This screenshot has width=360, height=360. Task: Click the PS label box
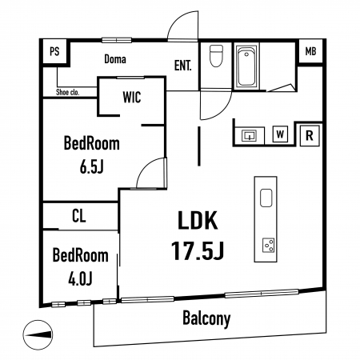click(x=54, y=51)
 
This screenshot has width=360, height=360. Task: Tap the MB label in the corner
click(x=310, y=51)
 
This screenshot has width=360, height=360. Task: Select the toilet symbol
click(x=216, y=56)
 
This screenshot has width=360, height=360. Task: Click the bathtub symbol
click(x=246, y=66)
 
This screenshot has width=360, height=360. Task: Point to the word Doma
click(x=115, y=59)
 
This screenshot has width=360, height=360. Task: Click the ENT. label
click(x=182, y=66)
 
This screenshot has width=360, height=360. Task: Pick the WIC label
click(x=132, y=97)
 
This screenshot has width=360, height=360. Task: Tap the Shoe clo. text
click(x=68, y=92)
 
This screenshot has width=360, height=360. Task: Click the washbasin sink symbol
click(x=249, y=136)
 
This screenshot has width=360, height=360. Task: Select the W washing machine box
click(x=280, y=134)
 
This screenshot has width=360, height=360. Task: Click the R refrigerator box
click(x=310, y=136)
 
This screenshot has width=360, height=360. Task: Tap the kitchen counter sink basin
click(x=266, y=198)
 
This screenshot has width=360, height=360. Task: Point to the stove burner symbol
click(x=268, y=245)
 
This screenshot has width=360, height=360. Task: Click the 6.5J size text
click(x=91, y=167)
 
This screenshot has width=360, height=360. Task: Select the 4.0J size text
click(x=80, y=279)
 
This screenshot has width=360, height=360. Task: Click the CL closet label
click(x=79, y=216)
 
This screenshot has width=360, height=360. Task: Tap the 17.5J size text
click(x=198, y=250)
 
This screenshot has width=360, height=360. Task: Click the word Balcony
click(x=206, y=318)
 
